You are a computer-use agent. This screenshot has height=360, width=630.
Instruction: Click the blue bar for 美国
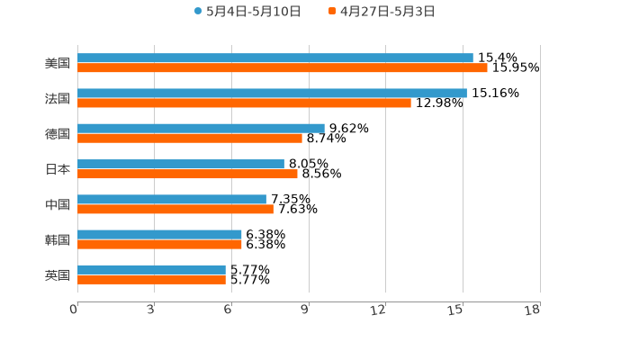[x=275, y=58]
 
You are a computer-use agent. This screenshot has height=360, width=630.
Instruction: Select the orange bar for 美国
[x=283, y=68]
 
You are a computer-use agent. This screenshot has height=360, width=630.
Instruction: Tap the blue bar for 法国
[x=272, y=93]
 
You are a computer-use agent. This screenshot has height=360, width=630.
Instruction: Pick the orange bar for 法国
[x=244, y=103]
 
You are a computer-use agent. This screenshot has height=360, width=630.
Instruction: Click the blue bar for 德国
[x=201, y=128]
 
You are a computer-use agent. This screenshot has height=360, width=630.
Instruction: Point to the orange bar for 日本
[x=187, y=174]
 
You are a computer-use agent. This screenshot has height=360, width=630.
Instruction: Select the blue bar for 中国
[x=172, y=199]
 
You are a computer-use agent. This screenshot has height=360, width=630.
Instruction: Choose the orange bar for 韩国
[x=159, y=245]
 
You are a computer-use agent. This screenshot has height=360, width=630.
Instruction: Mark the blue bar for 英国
[x=151, y=269]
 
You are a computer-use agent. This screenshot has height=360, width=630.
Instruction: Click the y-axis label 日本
[x=58, y=169]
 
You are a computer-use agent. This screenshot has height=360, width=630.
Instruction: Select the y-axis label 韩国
[x=58, y=240]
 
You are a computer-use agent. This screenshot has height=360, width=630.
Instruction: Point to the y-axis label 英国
[x=58, y=275]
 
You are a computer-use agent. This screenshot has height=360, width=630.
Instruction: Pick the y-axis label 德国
[x=58, y=134]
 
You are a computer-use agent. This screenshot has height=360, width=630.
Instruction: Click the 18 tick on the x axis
[x=533, y=310]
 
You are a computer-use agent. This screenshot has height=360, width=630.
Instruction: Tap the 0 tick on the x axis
[x=74, y=310]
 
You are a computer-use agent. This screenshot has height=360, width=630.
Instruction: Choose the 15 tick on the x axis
[x=455, y=310]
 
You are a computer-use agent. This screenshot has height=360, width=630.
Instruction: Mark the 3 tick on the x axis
[x=150, y=310]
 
